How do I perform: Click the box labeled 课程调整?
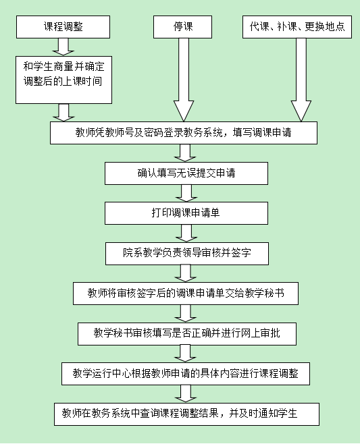point(63,27)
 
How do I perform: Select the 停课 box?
point(182,27)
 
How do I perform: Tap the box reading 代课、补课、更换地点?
point(297,27)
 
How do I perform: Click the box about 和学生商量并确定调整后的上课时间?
point(63,80)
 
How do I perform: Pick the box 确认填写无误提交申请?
point(186,173)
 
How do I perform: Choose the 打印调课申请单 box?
point(186,213)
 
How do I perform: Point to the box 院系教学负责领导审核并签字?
point(187,254)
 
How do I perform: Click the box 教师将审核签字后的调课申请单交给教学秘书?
point(186,294)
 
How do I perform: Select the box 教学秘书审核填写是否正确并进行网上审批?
point(187,334)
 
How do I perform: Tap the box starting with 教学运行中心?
point(186,374)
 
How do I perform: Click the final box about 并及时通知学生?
point(187,414)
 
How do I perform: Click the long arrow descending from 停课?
point(184,80)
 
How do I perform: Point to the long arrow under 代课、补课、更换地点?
point(301,80)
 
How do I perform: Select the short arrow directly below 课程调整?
point(63,47)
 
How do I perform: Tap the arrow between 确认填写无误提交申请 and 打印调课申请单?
point(186,194)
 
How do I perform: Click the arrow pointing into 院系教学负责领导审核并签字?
point(186,233)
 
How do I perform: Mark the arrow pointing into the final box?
point(186,394)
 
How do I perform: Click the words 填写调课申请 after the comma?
point(262,132)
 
